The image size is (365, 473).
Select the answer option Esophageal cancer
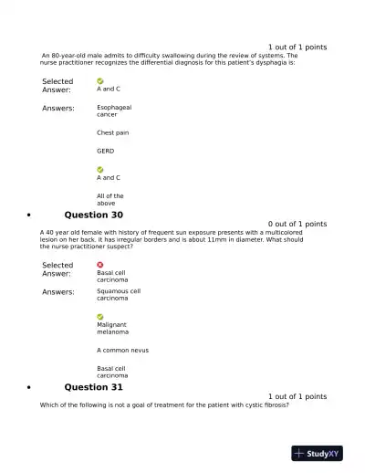114,110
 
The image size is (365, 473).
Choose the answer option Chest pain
112,132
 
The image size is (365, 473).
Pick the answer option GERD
106,151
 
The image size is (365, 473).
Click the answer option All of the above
110,199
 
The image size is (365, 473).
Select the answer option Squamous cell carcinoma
119,294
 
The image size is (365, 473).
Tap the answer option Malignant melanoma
112,328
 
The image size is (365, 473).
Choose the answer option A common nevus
122,350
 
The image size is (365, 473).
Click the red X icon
100,265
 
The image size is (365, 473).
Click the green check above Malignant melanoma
100,316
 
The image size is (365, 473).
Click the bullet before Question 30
30,215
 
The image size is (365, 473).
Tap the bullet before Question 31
30,388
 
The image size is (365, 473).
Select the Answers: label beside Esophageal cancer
58,109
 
